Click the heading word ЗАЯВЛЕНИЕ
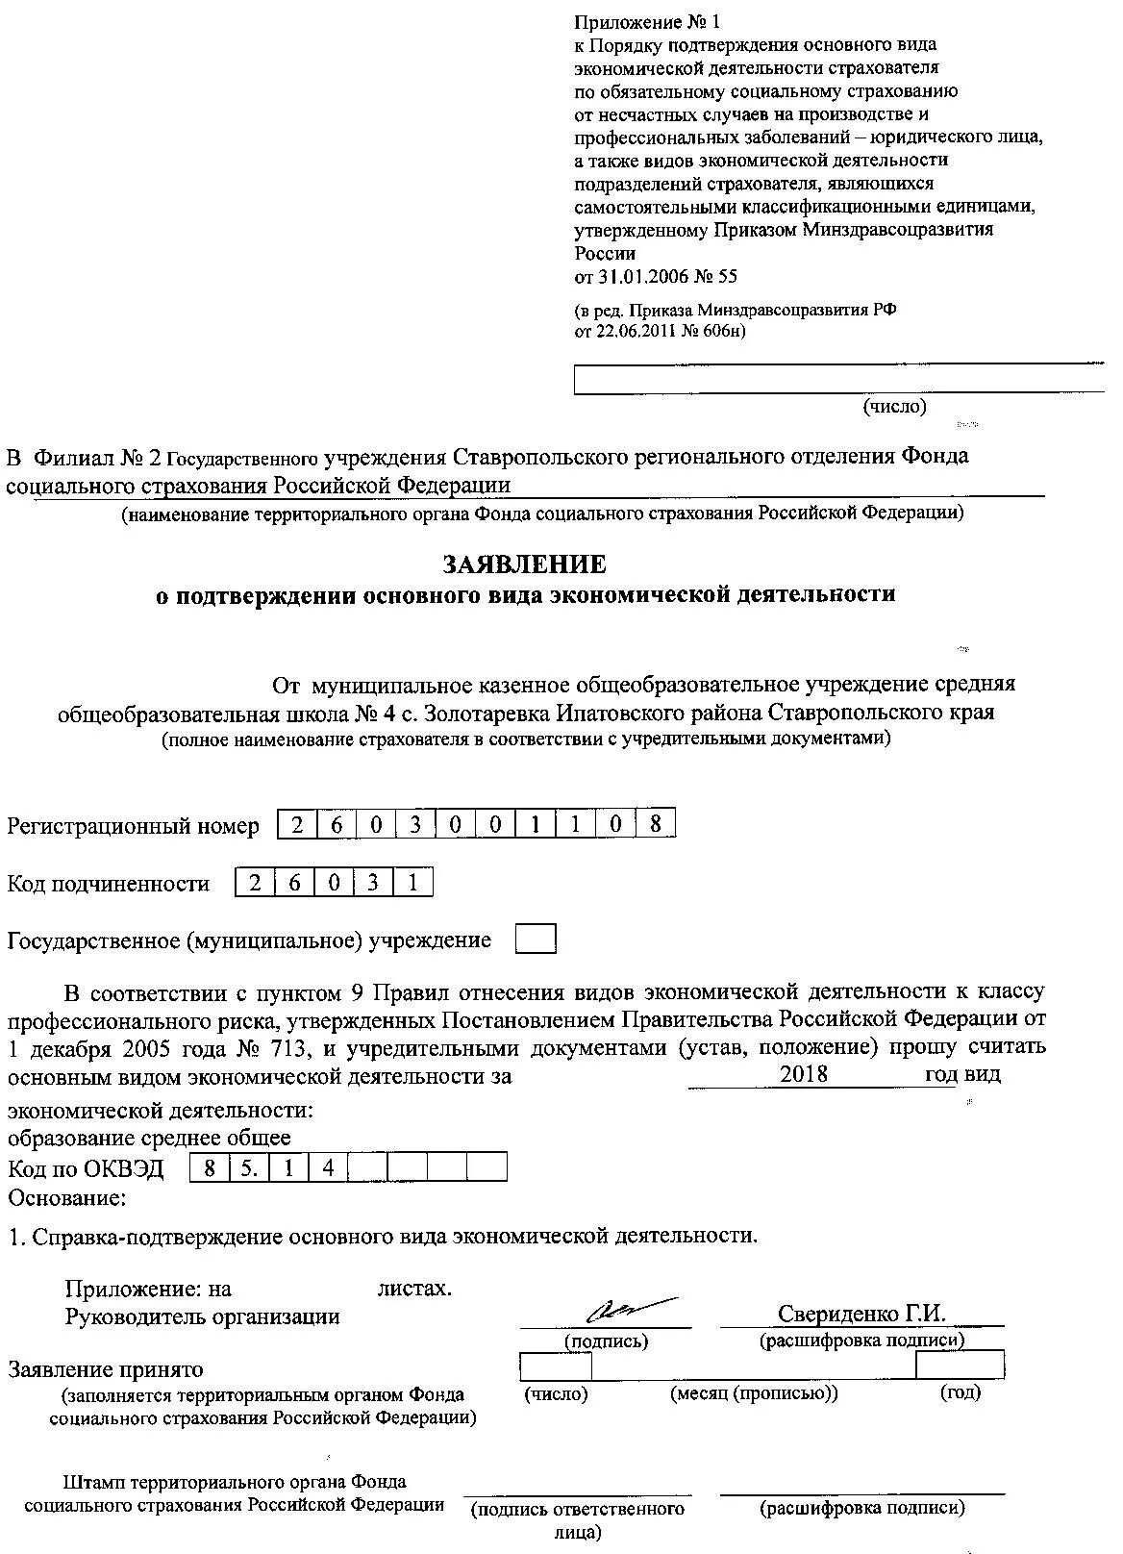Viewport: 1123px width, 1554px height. pos(524,564)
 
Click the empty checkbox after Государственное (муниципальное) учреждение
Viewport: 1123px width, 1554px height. pos(536,940)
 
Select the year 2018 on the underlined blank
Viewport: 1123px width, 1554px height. pos(804,1074)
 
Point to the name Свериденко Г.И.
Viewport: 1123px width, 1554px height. pos(861,1314)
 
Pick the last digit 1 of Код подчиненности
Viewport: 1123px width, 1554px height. pos(412,882)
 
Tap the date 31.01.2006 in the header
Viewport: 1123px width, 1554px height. pos(643,277)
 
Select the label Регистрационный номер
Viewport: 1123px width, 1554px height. pos(133,826)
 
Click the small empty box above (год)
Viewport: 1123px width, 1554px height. pos(959,1365)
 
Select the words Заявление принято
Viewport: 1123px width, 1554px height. pos(106,1369)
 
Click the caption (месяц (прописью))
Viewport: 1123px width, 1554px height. pos(754,1393)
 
